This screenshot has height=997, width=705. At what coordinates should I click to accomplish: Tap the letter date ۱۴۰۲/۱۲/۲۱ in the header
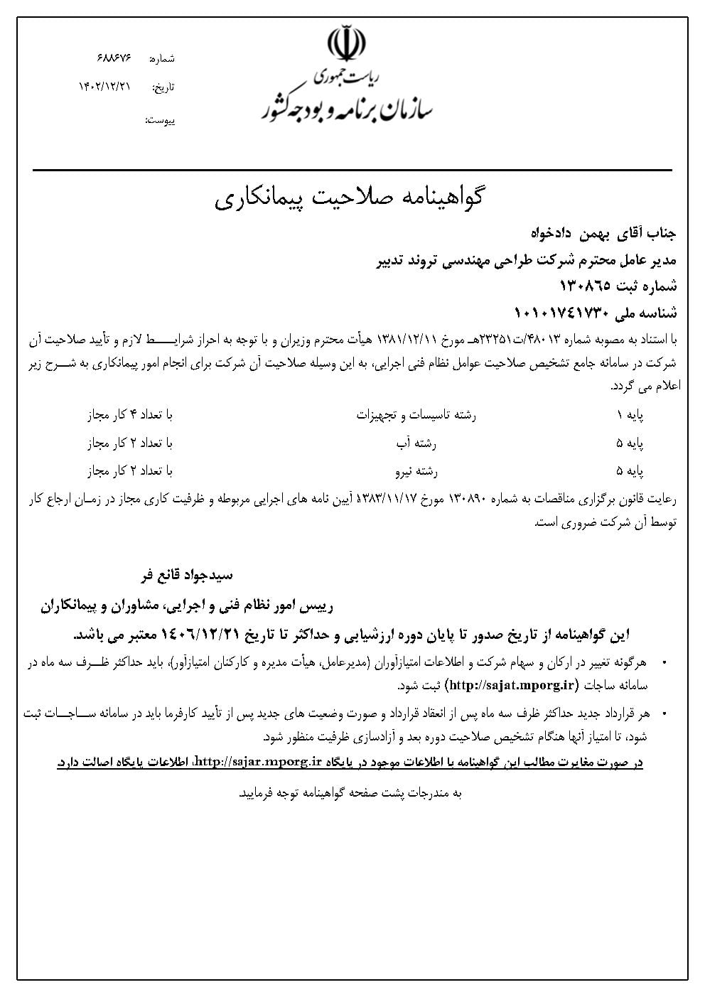(x=105, y=86)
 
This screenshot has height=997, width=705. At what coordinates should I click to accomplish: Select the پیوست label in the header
(x=160, y=120)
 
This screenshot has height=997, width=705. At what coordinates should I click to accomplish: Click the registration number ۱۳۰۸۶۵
(x=587, y=286)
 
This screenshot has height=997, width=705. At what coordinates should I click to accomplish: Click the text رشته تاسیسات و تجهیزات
(x=416, y=415)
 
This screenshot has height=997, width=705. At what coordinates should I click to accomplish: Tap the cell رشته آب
(x=416, y=443)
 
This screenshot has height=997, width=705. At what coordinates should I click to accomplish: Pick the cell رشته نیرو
(x=416, y=470)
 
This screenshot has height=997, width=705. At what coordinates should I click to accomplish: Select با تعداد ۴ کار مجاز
(x=130, y=415)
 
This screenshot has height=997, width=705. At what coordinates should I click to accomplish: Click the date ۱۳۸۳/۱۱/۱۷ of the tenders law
(x=389, y=500)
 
